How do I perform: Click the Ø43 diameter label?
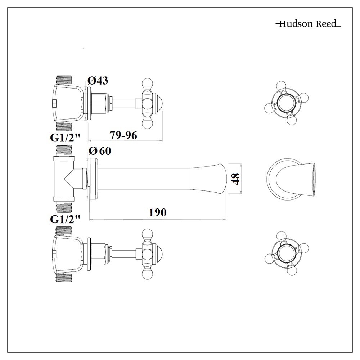[98, 81]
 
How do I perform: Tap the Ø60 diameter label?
[100, 151]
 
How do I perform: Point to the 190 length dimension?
[158, 212]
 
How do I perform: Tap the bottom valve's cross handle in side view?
[148, 254]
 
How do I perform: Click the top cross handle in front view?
[287, 103]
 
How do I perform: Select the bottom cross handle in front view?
[287, 253]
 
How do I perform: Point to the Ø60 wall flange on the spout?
[94, 178]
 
